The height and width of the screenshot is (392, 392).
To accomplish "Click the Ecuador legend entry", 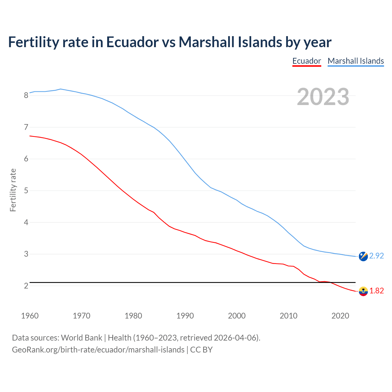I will pos(307,61).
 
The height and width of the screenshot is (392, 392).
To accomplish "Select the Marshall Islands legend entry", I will pos(356,61).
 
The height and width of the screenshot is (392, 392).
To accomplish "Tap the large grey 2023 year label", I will pos(323,97).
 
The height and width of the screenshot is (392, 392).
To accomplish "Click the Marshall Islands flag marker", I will pos(363,256).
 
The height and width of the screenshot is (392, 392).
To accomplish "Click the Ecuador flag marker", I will pos(363,291).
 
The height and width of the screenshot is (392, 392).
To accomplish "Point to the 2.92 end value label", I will pos(376,256).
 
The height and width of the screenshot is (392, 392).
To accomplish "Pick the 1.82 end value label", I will pos(376,291).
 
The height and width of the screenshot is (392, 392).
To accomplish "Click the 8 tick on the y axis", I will pos(26,95).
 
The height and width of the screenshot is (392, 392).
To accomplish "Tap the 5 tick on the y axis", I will pos(26,190).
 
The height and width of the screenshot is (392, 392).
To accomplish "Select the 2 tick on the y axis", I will pos(26,286).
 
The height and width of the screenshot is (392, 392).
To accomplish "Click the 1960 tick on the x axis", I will pos(30,316).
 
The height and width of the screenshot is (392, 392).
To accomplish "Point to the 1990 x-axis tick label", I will pos(185,316).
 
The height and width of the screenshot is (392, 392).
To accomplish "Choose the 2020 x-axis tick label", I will pos(340,316).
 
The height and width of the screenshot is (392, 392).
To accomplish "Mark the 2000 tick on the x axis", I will pos(237,316).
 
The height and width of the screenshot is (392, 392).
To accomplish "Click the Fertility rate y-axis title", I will pos(13,190).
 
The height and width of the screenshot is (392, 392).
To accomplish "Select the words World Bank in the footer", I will pos(81,338).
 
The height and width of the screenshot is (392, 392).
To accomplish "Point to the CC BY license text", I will pos(201,350).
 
